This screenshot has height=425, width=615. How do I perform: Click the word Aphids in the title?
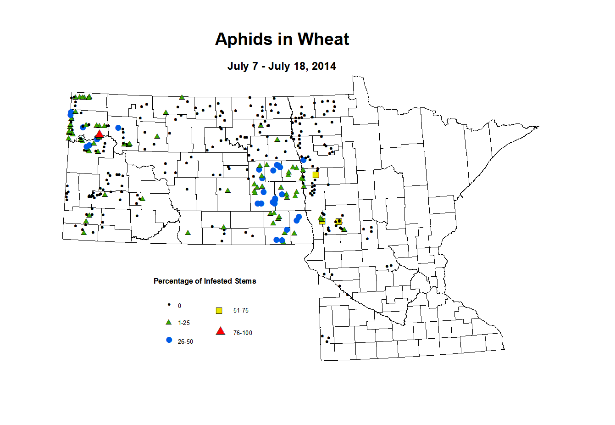click(243, 39)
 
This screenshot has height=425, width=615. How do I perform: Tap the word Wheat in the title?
click(324, 39)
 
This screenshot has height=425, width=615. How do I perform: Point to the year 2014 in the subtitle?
click(324, 66)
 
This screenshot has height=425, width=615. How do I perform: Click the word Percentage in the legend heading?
click(173, 281)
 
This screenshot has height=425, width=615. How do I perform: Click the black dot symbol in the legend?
click(169, 305)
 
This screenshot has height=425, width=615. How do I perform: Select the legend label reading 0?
click(179, 306)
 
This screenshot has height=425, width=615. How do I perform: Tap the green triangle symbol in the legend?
click(169, 322)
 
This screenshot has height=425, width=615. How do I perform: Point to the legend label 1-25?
click(184, 323)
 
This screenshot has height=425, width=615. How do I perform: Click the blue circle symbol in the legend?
click(169, 340)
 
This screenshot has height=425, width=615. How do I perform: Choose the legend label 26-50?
click(185, 342)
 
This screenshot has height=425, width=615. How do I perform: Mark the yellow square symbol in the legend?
click(219, 311)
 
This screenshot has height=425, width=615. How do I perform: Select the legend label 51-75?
click(241, 311)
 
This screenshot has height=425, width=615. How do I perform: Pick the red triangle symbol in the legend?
click(221, 331)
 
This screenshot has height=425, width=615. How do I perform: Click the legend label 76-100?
click(243, 333)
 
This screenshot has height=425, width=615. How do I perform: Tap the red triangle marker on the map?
click(99, 134)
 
